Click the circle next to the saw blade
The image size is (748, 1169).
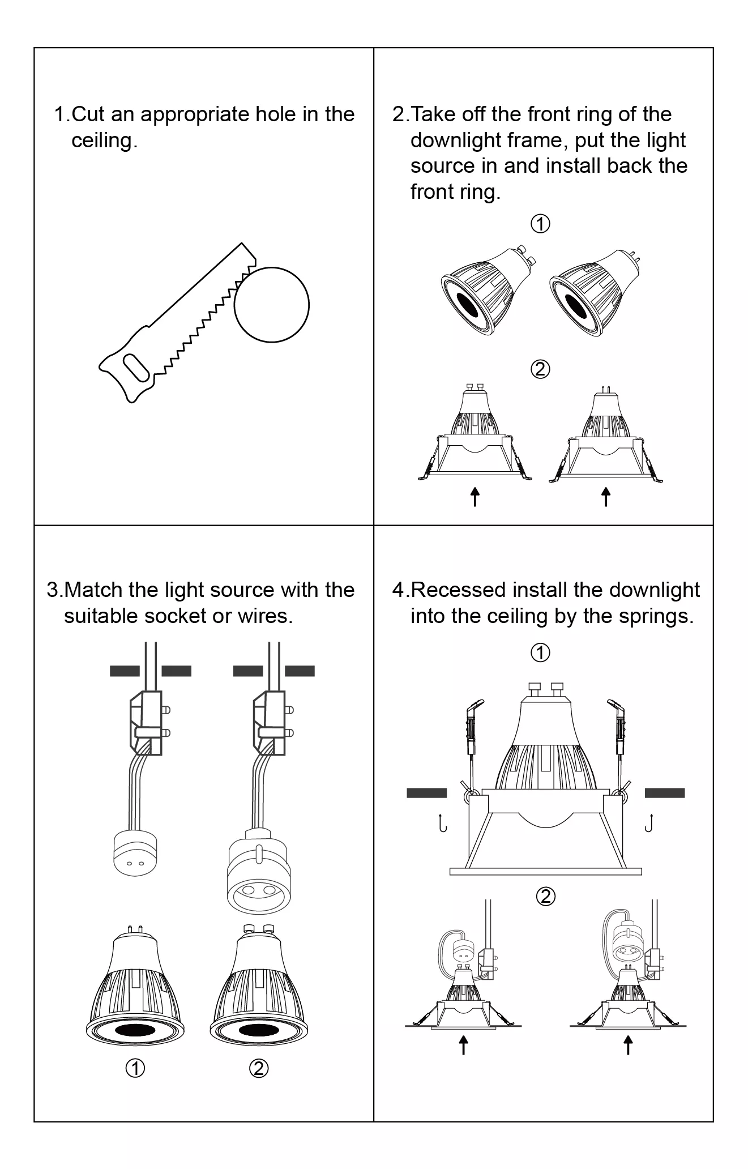(272, 305)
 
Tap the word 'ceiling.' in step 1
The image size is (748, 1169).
(105, 140)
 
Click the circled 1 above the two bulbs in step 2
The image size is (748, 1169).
(540, 224)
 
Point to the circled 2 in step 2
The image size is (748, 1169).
(540, 369)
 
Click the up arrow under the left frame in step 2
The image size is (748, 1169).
(475, 497)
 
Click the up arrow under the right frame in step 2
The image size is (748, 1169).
(606, 497)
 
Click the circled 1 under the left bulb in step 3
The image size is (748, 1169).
(135, 1068)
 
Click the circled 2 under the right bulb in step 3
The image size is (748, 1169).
(259, 1068)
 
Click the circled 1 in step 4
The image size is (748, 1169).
(540, 652)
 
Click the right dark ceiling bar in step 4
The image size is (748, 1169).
(665, 793)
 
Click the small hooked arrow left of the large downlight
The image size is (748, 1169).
(442, 823)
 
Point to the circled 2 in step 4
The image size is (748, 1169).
(546, 897)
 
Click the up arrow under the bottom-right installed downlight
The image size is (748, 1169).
(628, 1045)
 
